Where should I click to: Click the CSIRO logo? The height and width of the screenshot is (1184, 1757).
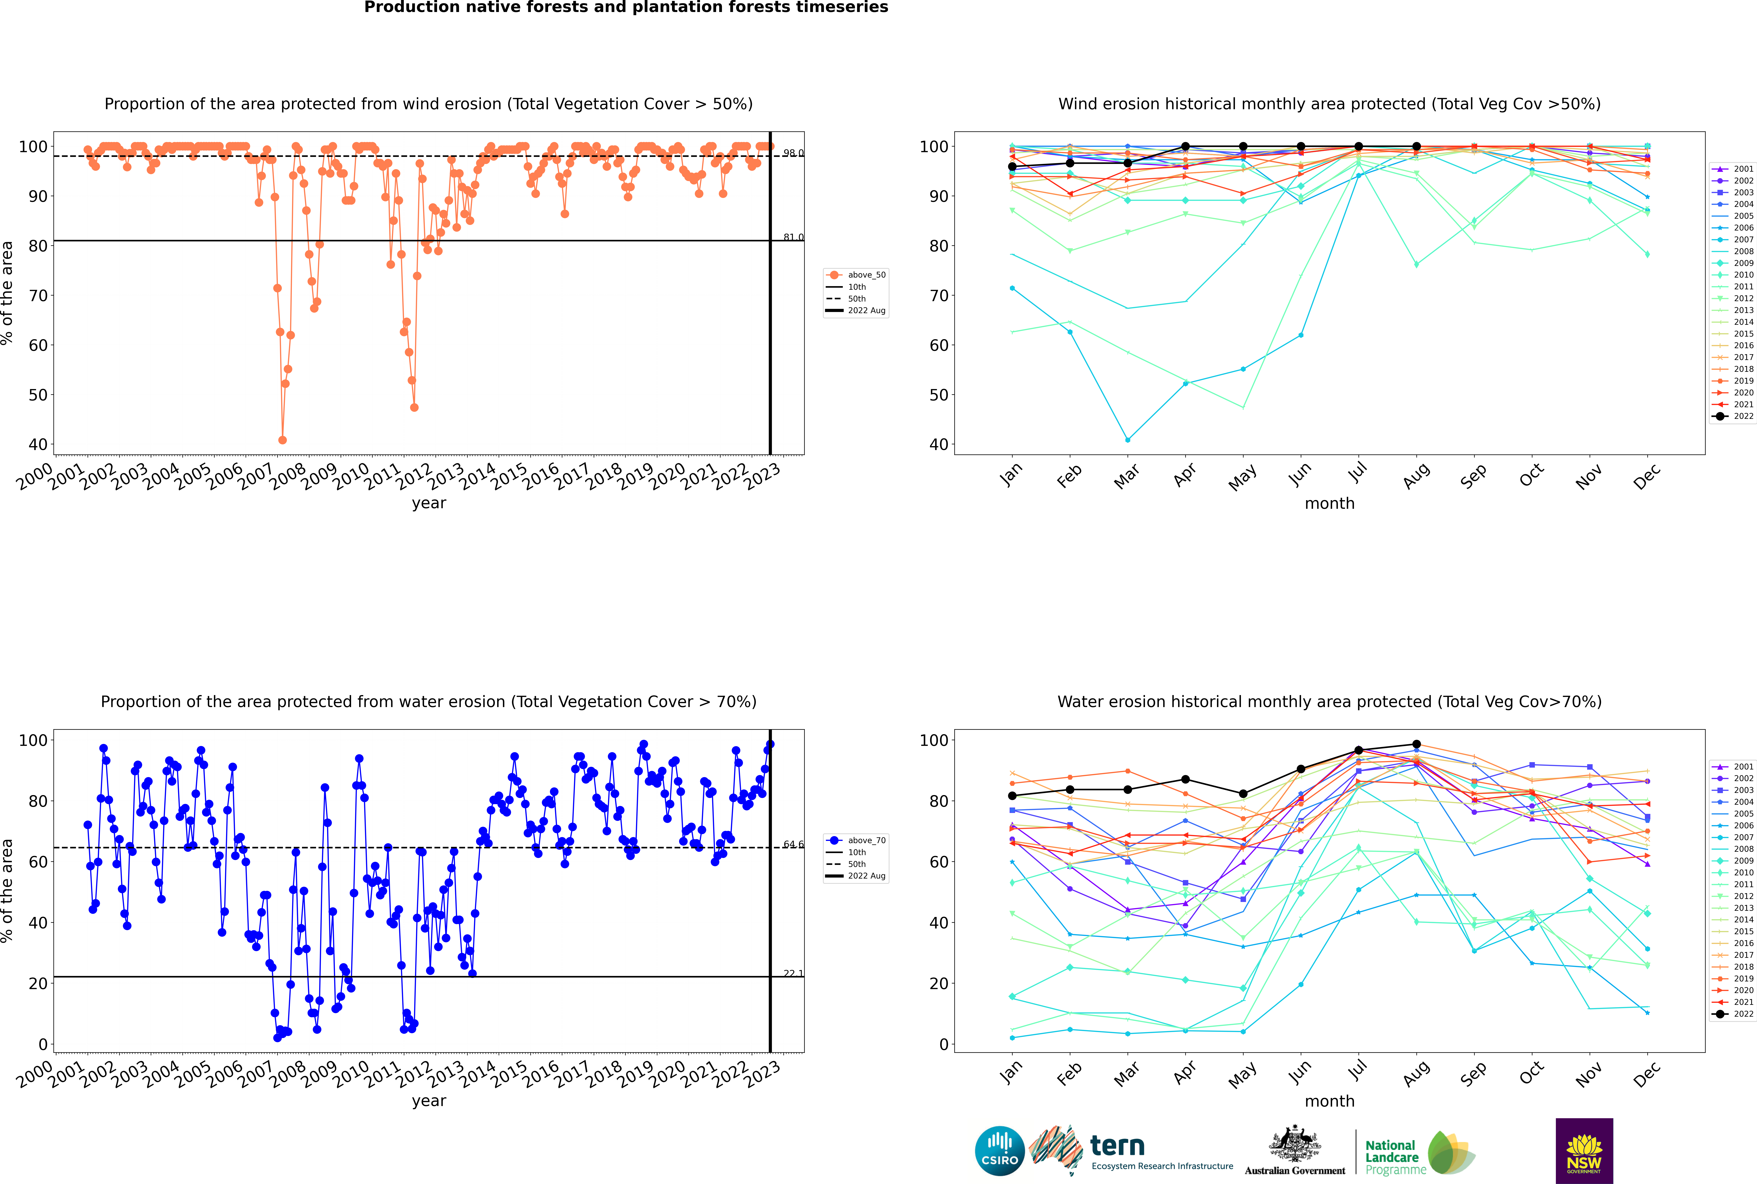tap(999, 1152)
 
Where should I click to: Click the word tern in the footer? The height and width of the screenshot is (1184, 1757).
tap(1117, 1146)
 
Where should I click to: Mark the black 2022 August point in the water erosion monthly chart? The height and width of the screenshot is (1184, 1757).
tap(1416, 745)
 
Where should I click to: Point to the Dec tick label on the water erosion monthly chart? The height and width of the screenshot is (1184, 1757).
tap(1647, 1074)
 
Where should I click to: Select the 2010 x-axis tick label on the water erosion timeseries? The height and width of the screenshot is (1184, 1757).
tap(351, 1074)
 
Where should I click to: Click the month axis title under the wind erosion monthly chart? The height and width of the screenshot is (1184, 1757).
tap(1329, 504)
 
